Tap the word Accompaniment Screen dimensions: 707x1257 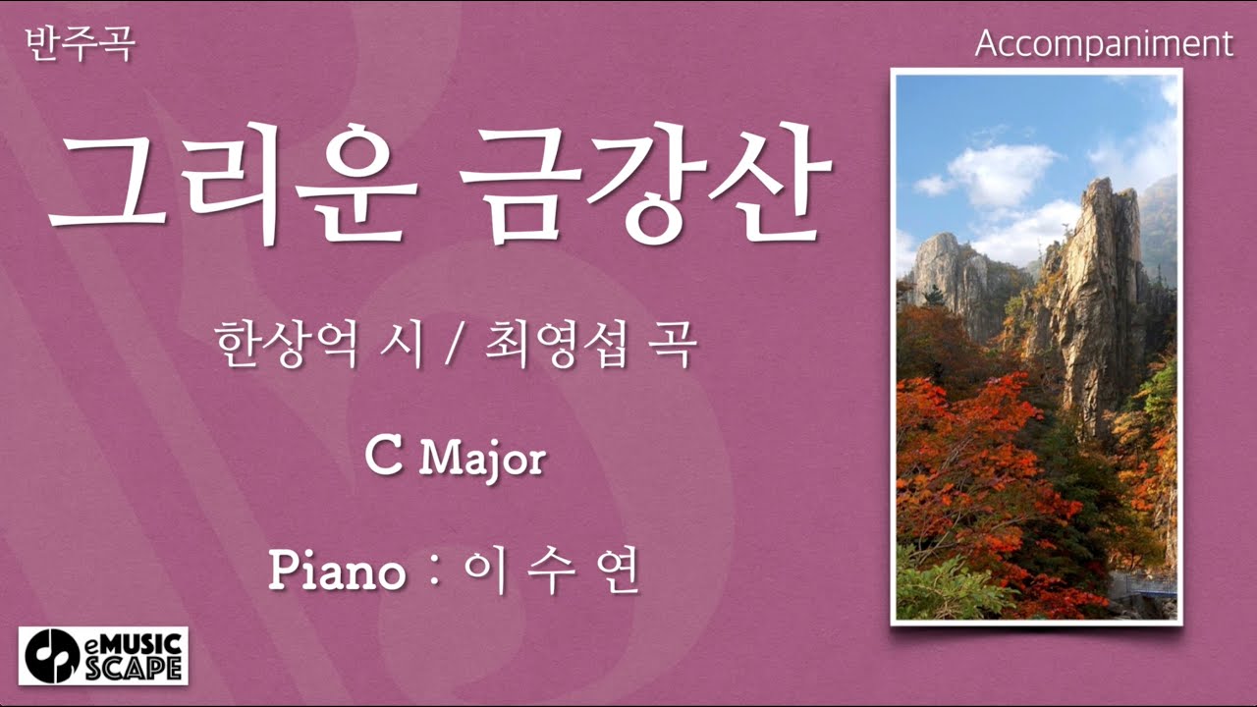[1104, 44]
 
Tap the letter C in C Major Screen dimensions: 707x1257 [383, 458]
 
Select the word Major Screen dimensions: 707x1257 [482, 460]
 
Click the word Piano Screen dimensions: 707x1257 [337, 572]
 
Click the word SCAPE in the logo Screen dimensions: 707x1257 [144, 667]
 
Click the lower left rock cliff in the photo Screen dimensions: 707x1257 [948, 275]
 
